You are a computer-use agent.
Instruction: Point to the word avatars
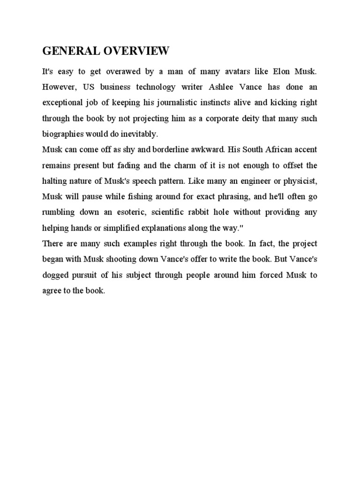click(241, 72)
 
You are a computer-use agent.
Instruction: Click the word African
click(272, 150)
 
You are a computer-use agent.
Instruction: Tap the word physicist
click(299, 180)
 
